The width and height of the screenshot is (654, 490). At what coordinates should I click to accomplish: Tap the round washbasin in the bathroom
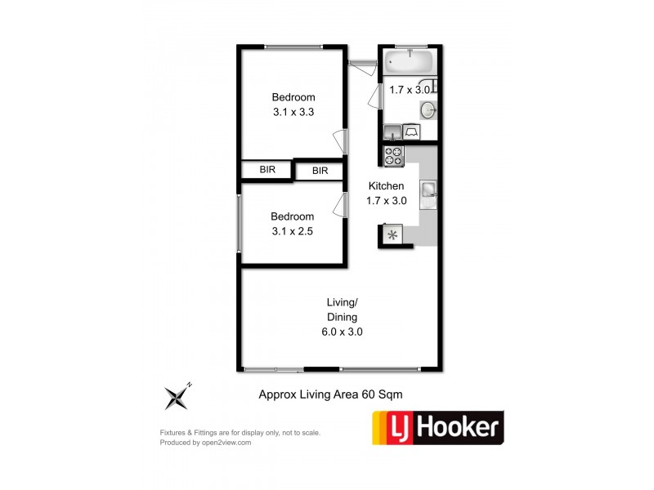point(428,110)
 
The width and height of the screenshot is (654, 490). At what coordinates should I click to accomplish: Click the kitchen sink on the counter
point(429,190)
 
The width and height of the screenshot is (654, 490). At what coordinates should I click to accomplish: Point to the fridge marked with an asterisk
point(392,235)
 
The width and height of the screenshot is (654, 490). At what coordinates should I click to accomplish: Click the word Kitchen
point(385,186)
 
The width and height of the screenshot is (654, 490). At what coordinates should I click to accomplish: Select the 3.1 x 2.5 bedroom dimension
point(293,231)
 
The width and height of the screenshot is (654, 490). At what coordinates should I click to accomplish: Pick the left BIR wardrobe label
point(267,170)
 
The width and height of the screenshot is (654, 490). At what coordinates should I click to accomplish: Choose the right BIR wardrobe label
point(320,171)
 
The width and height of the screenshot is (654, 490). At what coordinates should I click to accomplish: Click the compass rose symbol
point(177,396)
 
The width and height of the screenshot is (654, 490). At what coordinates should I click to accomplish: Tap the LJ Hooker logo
point(437,427)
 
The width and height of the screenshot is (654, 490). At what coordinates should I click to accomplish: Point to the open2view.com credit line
point(205,443)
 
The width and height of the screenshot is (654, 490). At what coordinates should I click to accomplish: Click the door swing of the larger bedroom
point(338,140)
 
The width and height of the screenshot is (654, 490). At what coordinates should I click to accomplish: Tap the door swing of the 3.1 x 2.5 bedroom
point(338,205)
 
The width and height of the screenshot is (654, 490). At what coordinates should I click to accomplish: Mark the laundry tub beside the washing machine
point(392,131)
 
